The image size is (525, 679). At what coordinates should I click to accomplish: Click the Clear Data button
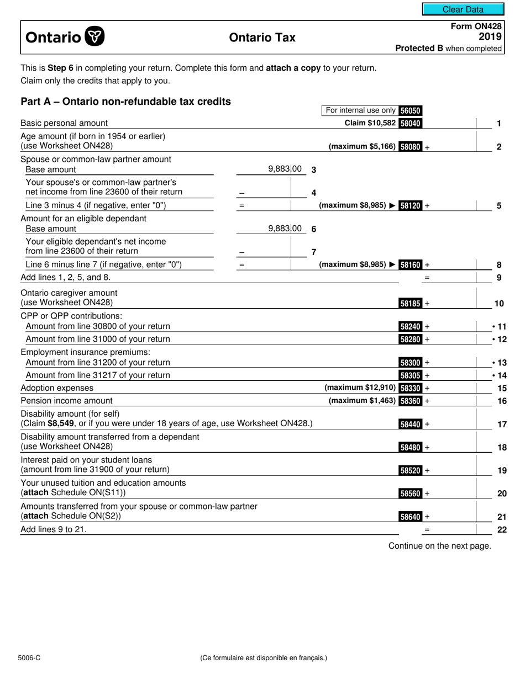pos(463,9)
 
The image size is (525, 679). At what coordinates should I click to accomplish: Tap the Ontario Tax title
pos(262,38)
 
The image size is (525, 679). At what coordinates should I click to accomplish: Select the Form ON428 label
pos(476,26)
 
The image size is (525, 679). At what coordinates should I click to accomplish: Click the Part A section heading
pos(125,102)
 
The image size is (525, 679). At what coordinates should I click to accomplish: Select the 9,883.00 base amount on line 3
pos(285,169)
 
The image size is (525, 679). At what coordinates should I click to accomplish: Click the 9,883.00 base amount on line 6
pos(285,228)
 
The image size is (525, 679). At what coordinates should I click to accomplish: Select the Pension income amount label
pos(66,401)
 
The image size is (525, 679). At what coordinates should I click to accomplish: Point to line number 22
pos(502,529)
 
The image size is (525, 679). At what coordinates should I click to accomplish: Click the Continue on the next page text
pos(439,546)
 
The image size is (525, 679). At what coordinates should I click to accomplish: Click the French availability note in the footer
pos(264,657)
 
